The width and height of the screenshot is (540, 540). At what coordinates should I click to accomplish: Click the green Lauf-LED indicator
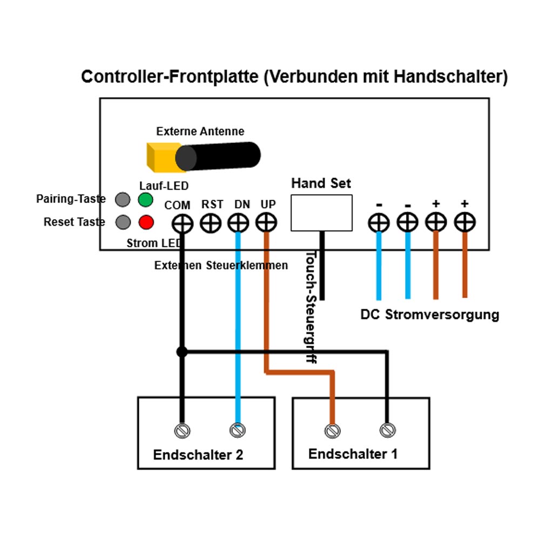coord(145,200)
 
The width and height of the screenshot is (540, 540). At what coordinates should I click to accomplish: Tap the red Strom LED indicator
coord(146,222)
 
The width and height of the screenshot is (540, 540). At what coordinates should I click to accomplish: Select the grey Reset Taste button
coord(123,222)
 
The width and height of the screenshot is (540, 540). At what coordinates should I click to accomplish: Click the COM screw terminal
coord(183,223)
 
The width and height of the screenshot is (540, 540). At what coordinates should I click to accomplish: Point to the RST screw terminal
coord(211,223)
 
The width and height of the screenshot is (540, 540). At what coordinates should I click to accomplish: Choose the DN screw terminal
coord(238,223)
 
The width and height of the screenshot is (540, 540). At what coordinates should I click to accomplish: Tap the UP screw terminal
coord(266,222)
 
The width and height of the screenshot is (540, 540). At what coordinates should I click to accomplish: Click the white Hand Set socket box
coord(321,213)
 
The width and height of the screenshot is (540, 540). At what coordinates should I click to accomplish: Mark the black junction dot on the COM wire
coord(182,352)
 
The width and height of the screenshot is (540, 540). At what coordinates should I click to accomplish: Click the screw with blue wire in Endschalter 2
coord(238,430)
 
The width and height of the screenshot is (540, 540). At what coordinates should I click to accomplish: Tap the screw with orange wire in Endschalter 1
coord(333,430)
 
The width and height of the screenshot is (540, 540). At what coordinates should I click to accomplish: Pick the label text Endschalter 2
coord(198,455)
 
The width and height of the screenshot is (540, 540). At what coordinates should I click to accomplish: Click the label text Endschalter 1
coord(353,454)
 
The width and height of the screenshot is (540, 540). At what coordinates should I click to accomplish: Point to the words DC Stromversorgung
coord(429,315)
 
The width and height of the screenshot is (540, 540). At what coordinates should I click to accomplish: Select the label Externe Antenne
coord(200,131)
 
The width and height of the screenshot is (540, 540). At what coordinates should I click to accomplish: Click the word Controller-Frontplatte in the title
coord(170,77)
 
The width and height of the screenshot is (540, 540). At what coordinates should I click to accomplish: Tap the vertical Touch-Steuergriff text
coord(310,306)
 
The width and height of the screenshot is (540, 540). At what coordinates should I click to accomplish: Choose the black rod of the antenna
coord(221,156)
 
